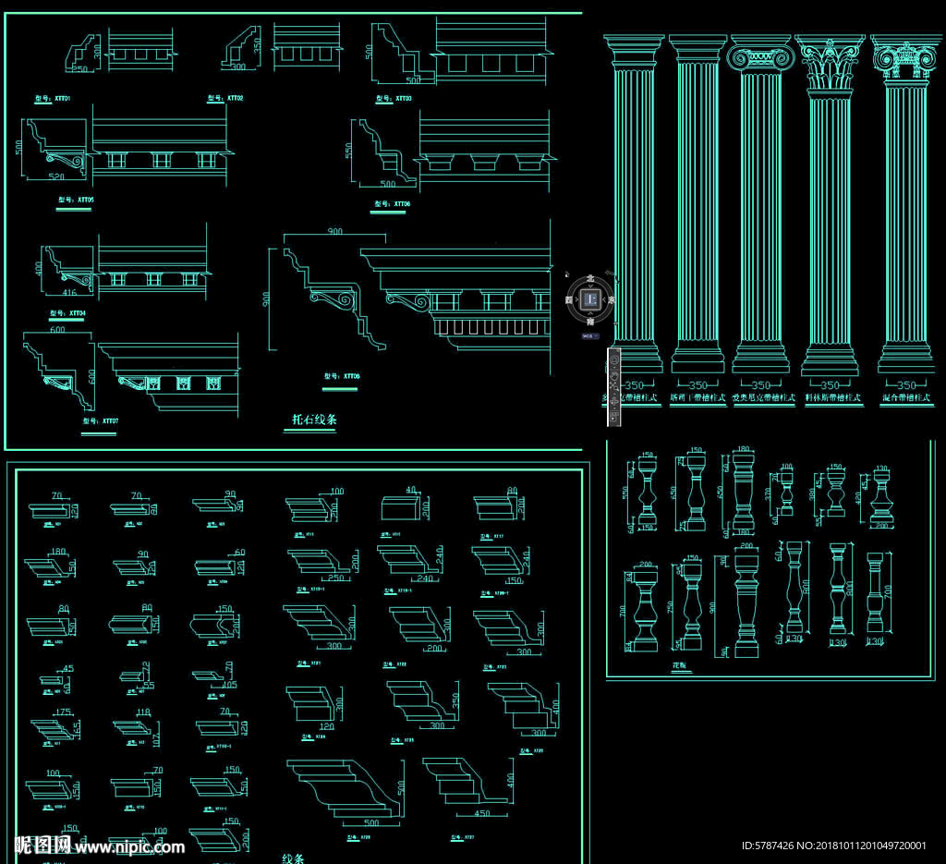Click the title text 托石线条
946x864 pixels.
tap(314, 420)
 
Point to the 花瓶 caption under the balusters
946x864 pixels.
tap(680, 663)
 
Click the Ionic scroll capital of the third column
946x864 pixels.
tap(760, 57)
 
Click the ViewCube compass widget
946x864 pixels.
tap(590, 299)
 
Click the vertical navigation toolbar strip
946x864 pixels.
tap(612, 387)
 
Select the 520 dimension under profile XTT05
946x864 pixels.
tap(57, 176)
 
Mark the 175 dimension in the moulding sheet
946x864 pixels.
tap(63, 712)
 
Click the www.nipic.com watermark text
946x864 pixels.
tap(129, 846)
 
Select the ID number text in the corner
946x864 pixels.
tap(833, 846)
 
